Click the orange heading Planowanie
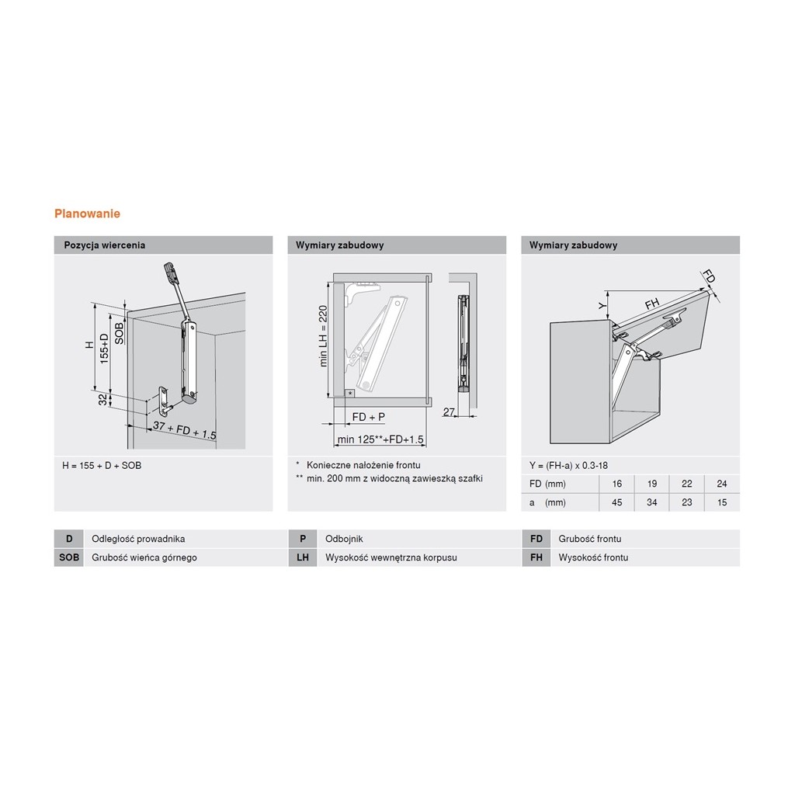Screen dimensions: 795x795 [87, 214]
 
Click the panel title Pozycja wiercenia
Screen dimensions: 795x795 [105, 245]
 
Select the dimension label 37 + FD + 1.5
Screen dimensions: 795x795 [185, 430]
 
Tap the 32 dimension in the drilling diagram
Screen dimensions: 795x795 [103, 400]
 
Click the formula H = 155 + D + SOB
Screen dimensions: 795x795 [102, 466]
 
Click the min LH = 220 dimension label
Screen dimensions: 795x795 [323, 335]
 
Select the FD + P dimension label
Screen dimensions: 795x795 [369, 417]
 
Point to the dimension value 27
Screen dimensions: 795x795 [449, 411]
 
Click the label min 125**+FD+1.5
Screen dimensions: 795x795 [380, 439]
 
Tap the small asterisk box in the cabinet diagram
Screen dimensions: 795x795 [350, 394]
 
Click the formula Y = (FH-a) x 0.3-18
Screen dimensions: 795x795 [568, 466]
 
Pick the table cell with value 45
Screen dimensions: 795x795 [616, 502]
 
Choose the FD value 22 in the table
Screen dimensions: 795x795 [686, 484]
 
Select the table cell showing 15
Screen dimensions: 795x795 [722, 502]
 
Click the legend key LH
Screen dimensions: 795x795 [303, 557]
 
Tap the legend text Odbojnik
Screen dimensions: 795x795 [344, 539]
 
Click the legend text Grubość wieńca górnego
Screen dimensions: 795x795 [144, 557]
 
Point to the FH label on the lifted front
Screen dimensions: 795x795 [652, 304]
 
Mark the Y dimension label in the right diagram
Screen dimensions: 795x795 [602, 306]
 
